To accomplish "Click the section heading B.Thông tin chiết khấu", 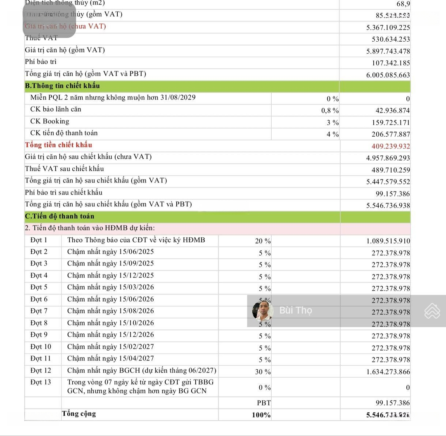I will click(x=62, y=86).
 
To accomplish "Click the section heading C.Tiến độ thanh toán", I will click(x=59, y=216).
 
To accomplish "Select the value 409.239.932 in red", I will click(x=391, y=146).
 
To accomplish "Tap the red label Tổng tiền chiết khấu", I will click(x=58, y=145).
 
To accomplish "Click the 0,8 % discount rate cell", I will click(x=330, y=111).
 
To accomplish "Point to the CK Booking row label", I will click(x=50, y=121).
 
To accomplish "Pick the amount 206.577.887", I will click(x=391, y=134).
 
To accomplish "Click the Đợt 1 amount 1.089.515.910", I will click(x=388, y=241).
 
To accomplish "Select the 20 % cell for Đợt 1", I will click(x=263, y=241).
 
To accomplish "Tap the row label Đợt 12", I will click(x=41, y=371).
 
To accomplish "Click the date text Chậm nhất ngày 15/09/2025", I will click(x=110, y=263).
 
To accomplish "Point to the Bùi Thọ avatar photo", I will click(x=263, y=311).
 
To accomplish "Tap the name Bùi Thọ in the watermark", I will click(x=296, y=310).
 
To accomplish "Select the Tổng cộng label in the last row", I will click(x=79, y=414).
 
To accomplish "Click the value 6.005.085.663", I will click(x=388, y=75).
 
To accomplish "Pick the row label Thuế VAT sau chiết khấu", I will click(x=64, y=169).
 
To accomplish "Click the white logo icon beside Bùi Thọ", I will click(x=432, y=311).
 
